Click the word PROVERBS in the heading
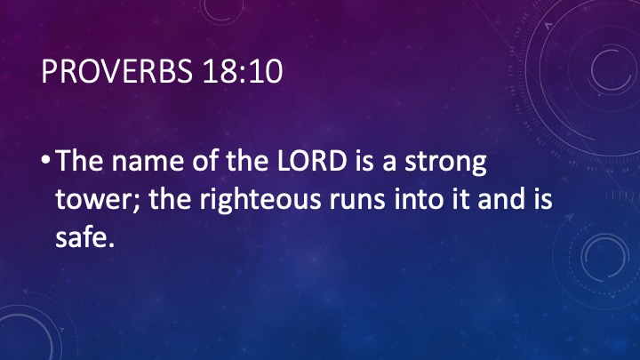(x=116, y=71)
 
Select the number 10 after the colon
(x=266, y=71)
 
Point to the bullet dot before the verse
(x=45, y=161)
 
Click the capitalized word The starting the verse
(x=79, y=160)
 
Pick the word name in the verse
(x=148, y=163)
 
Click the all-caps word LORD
(x=311, y=160)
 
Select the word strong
(x=445, y=164)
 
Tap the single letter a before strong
(x=389, y=163)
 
